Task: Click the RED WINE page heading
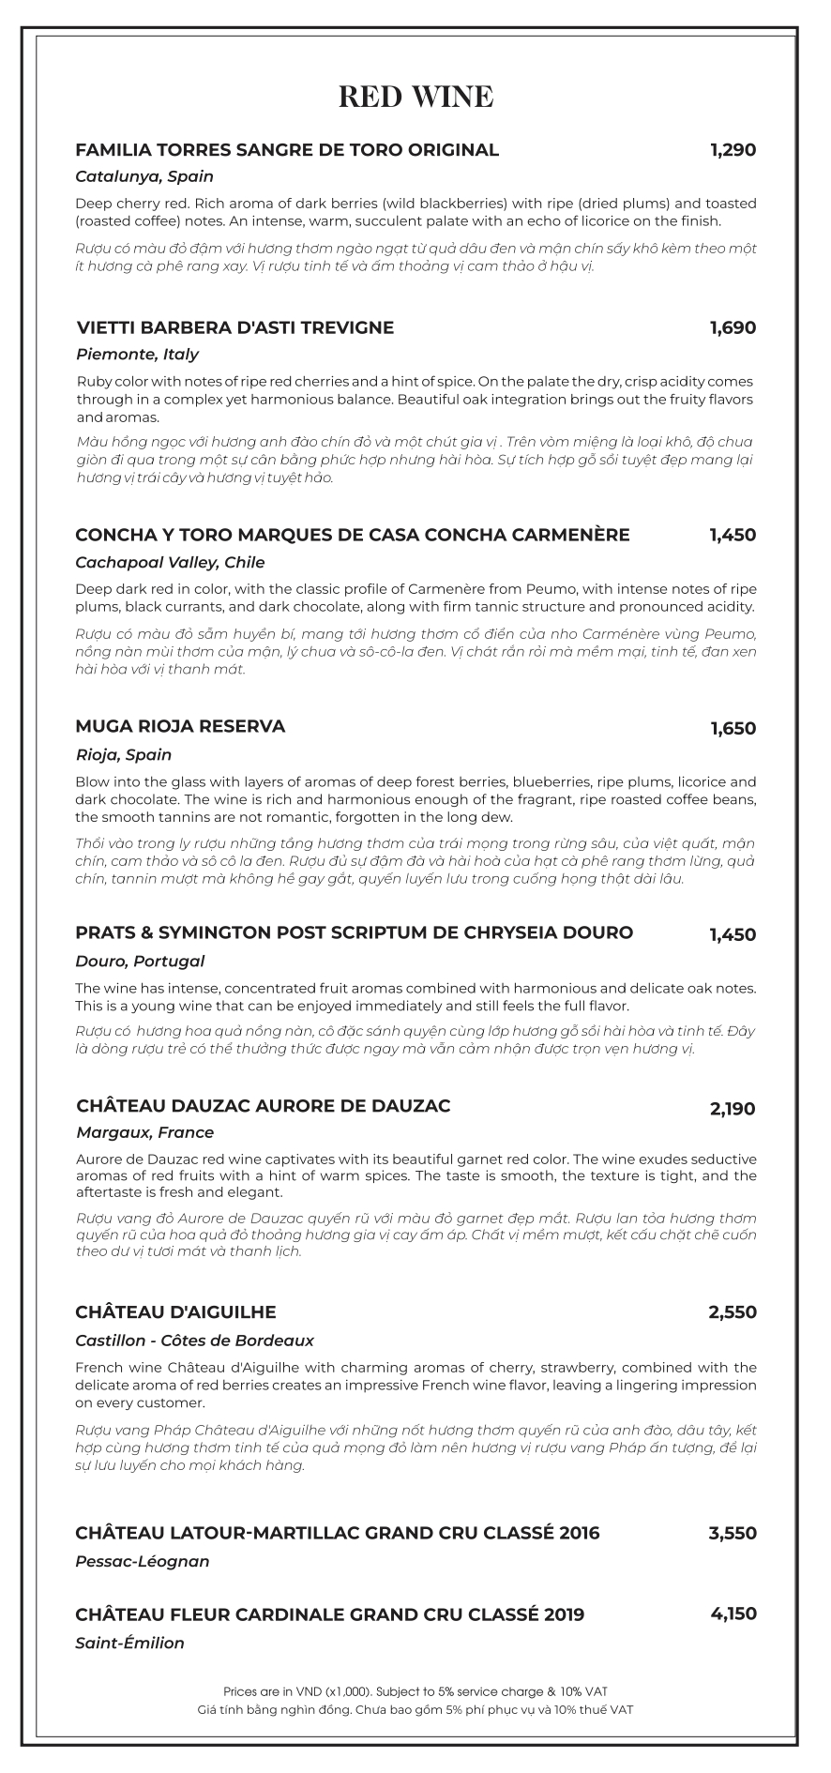tap(415, 97)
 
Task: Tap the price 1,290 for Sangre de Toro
tap(733, 149)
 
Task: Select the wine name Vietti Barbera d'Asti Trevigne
tap(234, 327)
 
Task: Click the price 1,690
tap(733, 327)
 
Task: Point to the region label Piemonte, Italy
tap(137, 355)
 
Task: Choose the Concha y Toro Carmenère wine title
tap(352, 535)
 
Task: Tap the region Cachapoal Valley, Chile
tap(170, 563)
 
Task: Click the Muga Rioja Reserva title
tap(180, 726)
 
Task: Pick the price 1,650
tap(733, 728)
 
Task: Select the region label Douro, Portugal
tap(140, 961)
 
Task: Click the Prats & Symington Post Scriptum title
tap(354, 932)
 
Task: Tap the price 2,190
tap(733, 1109)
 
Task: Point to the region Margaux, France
tap(144, 1132)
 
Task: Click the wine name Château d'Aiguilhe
tap(175, 1311)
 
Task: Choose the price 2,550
tap(733, 1311)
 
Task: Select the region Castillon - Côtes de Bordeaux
tap(194, 1341)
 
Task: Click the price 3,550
tap(733, 1533)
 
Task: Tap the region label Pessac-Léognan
tap(142, 1562)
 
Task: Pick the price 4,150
tap(733, 1614)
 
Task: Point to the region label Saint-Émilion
tap(129, 1643)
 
